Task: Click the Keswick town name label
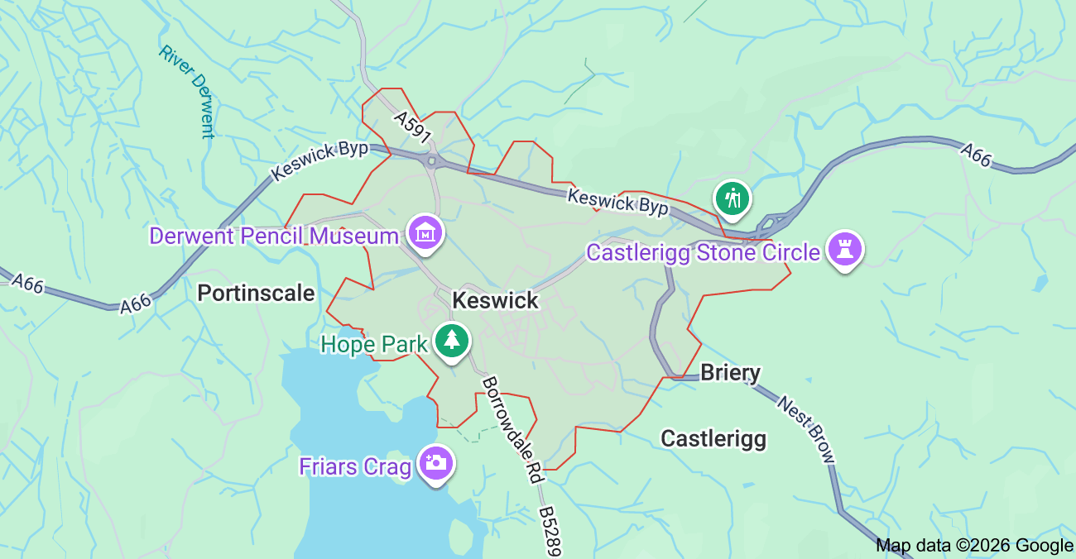496,300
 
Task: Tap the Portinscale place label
256,293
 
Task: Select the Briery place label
730,373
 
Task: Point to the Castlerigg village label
713,438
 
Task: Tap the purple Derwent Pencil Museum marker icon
425,232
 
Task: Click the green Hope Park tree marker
452,340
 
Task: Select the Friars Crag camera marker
435,463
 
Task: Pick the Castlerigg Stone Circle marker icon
844,248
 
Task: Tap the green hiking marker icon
733,198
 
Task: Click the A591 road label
413,127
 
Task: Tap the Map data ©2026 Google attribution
974,545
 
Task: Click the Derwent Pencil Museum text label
273,236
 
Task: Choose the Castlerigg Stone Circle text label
703,252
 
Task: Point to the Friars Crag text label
355,466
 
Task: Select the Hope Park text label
373,344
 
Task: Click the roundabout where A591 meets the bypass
431,160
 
